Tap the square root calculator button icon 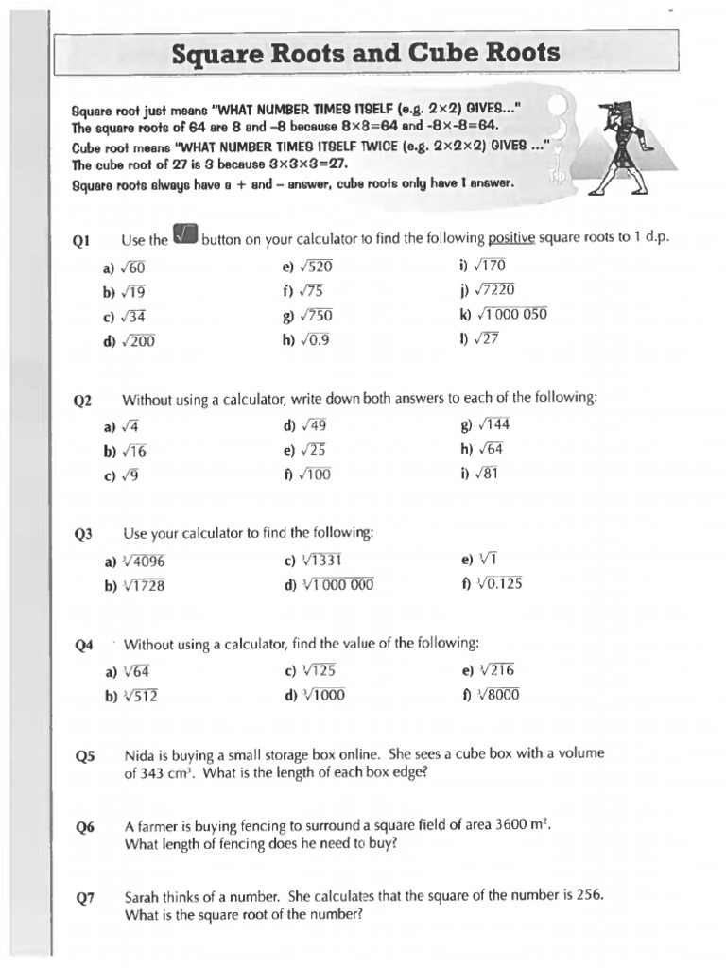click(185, 235)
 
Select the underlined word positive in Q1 click(511, 238)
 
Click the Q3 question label click(84, 535)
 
